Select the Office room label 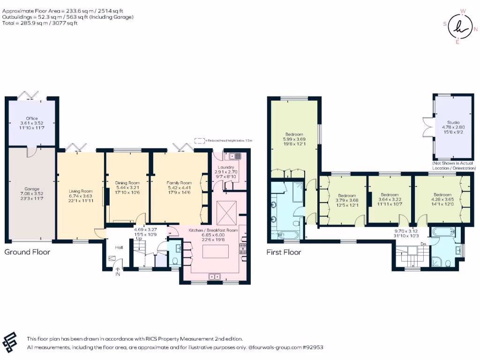[x=32, y=119]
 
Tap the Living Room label [x=81, y=191]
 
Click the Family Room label [x=179, y=183]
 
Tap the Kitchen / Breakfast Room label [x=213, y=230]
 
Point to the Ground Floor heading [x=27, y=252]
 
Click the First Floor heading [x=283, y=252]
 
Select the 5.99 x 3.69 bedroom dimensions [x=294, y=139]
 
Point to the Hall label [x=119, y=247]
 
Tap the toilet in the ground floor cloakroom [x=175, y=261]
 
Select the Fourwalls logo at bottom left [x=10, y=342]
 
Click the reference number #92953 [x=313, y=347]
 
